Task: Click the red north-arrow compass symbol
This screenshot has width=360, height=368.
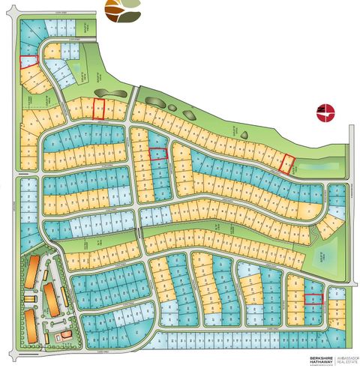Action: pos(325,112)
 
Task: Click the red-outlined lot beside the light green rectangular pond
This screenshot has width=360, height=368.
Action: pos(286,163)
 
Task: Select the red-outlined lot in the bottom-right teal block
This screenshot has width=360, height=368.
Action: pos(313,298)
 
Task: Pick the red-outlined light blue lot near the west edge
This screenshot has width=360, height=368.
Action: pos(28,61)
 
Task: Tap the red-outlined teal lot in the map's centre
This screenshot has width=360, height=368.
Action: pos(157,154)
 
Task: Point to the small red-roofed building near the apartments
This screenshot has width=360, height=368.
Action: pos(64,334)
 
